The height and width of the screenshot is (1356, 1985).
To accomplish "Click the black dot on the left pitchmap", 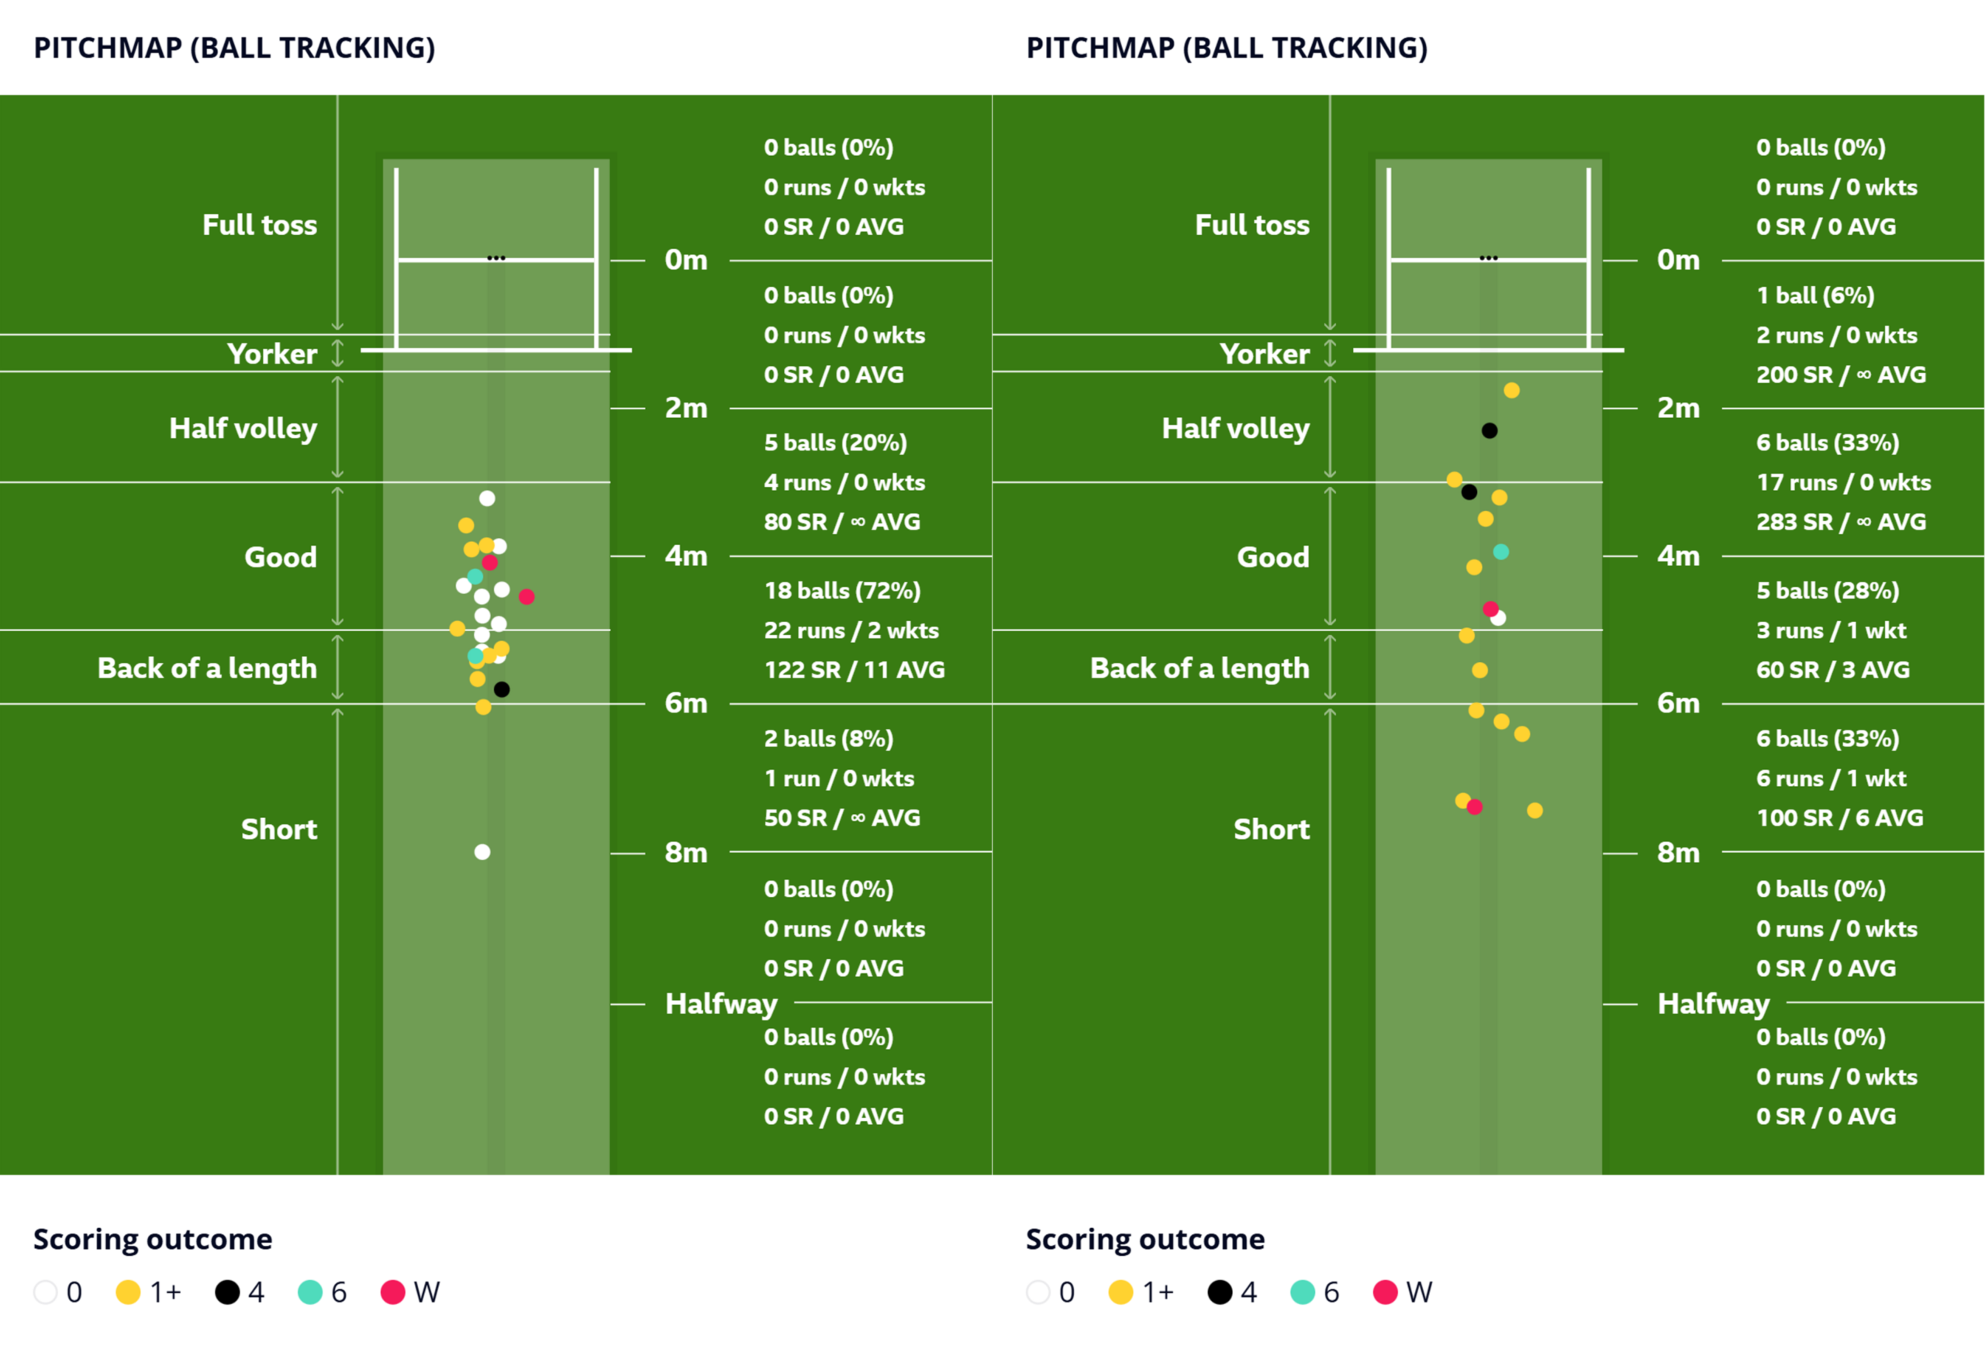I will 502,689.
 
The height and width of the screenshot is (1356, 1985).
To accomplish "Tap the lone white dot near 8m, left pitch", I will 482,851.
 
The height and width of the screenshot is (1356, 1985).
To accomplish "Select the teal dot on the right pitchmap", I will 1500,553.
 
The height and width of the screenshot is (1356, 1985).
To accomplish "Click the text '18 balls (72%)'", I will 841,590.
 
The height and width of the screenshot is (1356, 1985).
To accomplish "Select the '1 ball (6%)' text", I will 1815,295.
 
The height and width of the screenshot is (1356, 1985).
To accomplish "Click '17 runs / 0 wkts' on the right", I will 1843,482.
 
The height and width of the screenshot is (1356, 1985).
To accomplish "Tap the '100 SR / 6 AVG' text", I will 1840,818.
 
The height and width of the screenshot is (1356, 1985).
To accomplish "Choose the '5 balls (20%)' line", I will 835,443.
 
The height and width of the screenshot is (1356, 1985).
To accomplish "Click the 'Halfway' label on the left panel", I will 721,1004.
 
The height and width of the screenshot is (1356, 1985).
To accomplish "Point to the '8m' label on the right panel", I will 1679,853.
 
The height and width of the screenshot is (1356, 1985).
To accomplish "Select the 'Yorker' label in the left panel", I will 271,354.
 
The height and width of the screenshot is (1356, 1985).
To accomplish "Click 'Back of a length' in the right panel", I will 1200,668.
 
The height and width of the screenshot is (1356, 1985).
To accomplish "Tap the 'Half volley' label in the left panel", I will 243,428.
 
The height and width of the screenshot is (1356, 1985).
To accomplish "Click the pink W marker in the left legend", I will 392,1292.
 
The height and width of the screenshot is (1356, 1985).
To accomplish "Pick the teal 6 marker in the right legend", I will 1302,1292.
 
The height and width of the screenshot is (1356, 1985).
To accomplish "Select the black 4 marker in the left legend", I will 227,1292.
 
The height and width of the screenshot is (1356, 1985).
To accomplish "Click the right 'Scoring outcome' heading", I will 1144,1239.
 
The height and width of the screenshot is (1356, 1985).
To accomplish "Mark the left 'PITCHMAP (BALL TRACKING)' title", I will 234,48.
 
